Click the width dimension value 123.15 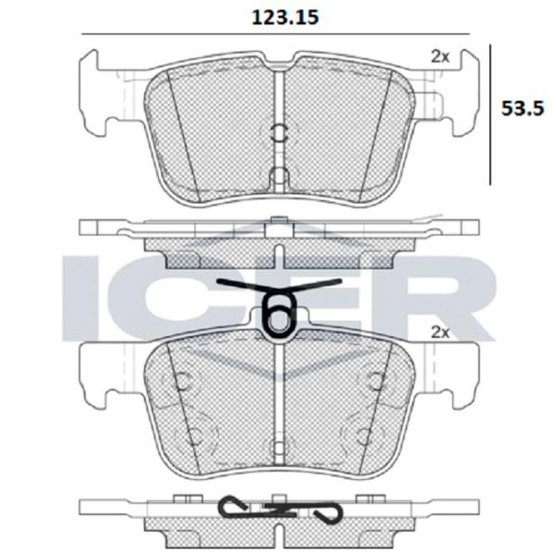click(x=285, y=17)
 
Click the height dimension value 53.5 click(x=522, y=109)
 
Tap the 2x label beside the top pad click(x=440, y=57)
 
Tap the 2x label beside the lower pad click(x=440, y=332)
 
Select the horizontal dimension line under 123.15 click(x=276, y=34)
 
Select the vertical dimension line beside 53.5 click(x=490, y=115)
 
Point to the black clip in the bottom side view click(x=280, y=510)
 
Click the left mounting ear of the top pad click(x=92, y=93)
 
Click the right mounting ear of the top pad click(x=466, y=93)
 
